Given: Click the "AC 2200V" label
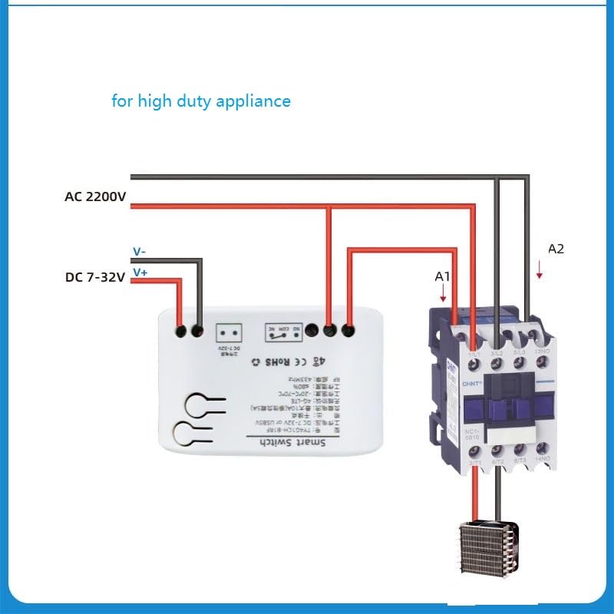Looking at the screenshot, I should point(95,196).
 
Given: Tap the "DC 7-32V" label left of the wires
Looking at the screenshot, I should point(95,277).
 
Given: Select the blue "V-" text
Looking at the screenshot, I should point(140,251).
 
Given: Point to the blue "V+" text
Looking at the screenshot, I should point(140,272).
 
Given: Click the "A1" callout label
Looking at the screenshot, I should point(442,276).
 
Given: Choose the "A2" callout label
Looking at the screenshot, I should point(556,249).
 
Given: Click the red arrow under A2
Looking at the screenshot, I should point(540,269).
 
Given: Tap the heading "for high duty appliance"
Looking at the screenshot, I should point(201,101).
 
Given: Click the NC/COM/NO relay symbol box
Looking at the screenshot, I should point(282,332).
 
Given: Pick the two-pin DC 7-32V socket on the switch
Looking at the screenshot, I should point(229,332).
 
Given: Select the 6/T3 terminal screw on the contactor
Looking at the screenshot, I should point(520,451).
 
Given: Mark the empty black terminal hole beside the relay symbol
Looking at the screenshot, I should point(312,332).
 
